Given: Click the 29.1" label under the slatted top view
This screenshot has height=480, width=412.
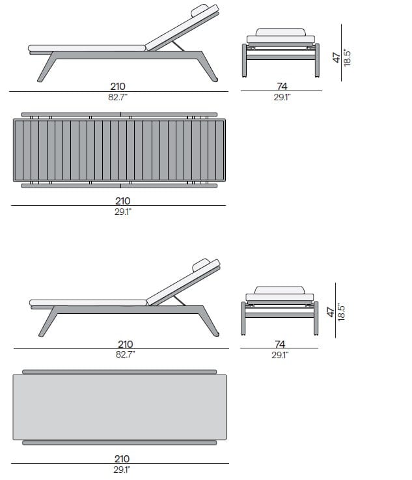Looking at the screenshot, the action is (x=123, y=212).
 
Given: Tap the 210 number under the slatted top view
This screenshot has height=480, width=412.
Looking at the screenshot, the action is (x=122, y=201).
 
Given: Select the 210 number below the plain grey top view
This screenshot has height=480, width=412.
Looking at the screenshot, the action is (x=122, y=459).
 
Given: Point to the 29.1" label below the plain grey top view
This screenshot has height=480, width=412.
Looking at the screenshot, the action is (x=122, y=470).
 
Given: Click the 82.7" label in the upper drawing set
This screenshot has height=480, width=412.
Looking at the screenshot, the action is (x=118, y=97).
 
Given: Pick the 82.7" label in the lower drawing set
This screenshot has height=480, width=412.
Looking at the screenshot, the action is (x=126, y=354).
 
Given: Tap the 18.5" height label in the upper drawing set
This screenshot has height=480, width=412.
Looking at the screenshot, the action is (x=346, y=57).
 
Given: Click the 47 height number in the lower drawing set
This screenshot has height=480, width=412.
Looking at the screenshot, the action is (x=331, y=312).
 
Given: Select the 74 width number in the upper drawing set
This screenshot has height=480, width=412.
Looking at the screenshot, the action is (x=282, y=87).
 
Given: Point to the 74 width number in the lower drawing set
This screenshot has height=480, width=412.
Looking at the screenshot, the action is (x=280, y=344).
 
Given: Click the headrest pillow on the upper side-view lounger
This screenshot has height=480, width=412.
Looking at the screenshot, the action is (x=199, y=10).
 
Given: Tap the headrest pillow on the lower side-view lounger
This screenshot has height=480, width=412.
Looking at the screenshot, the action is (x=200, y=265).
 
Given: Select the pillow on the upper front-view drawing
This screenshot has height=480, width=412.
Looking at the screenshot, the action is (x=281, y=32).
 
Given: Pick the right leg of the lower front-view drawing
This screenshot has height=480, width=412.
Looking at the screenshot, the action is (x=316, y=318).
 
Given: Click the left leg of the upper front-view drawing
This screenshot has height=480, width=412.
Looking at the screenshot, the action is (x=244, y=61).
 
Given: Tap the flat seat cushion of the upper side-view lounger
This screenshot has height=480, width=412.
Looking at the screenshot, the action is (x=87, y=48).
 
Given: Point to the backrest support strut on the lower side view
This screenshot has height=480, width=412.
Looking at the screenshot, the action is (x=179, y=301).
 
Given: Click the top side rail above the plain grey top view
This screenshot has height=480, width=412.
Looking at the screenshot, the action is (x=120, y=372).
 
